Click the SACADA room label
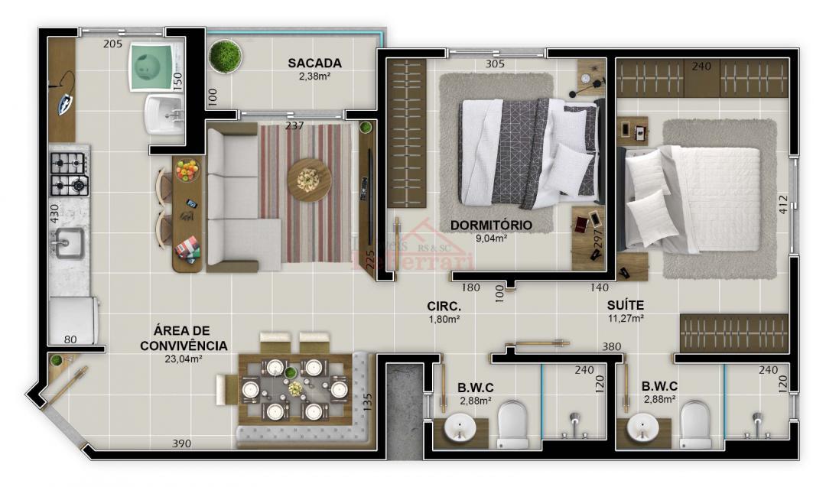pos(314,63)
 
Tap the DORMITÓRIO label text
pos(490,226)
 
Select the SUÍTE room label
pos(625,304)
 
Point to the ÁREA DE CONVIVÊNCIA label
pos(184,338)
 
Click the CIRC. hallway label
pos(443,307)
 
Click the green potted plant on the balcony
pos(225,57)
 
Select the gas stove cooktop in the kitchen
pos(69,174)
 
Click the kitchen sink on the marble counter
pos(67,244)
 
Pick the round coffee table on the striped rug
pos(310,180)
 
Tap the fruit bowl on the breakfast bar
pos(187,170)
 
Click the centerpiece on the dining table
pos(294,389)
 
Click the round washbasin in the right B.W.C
pos(641,427)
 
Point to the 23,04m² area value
pos(183,359)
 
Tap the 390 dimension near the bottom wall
pos(181,443)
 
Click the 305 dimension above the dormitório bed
pos(495,64)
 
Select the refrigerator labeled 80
pos(73,321)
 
